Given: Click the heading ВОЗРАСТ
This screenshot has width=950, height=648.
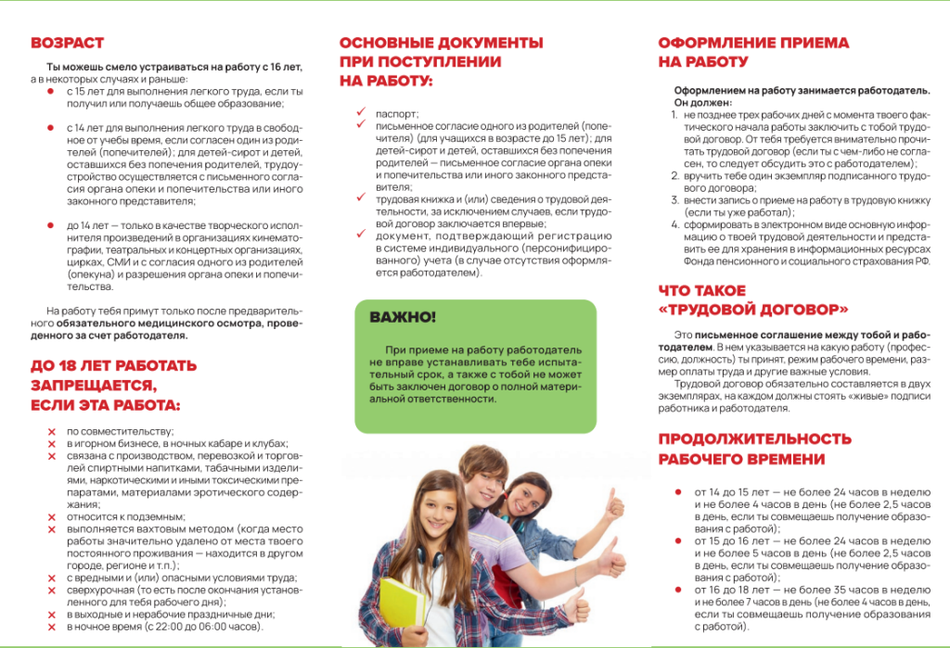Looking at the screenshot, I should [x=67, y=43].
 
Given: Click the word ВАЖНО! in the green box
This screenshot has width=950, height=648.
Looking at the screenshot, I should [x=403, y=317].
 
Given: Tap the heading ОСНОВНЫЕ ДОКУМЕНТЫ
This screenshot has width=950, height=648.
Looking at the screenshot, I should [x=441, y=43].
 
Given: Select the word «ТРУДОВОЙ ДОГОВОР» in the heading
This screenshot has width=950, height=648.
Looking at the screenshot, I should [x=754, y=309].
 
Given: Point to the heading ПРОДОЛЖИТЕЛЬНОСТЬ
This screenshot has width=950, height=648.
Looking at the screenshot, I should [x=754, y=438].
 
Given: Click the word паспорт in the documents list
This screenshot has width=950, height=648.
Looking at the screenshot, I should [x=397, y=113].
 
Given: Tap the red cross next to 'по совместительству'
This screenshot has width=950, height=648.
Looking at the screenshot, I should [x=52, y=432].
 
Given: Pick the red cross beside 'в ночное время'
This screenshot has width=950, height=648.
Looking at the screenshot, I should [x=52, y=627].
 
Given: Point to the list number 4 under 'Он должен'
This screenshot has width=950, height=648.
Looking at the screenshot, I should [x=675, y=224].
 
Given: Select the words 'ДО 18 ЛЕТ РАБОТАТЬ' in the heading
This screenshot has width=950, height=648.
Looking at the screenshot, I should [x=113, y=365].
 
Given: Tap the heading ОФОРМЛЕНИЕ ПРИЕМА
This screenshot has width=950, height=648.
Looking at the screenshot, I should [x=753, y=43].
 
